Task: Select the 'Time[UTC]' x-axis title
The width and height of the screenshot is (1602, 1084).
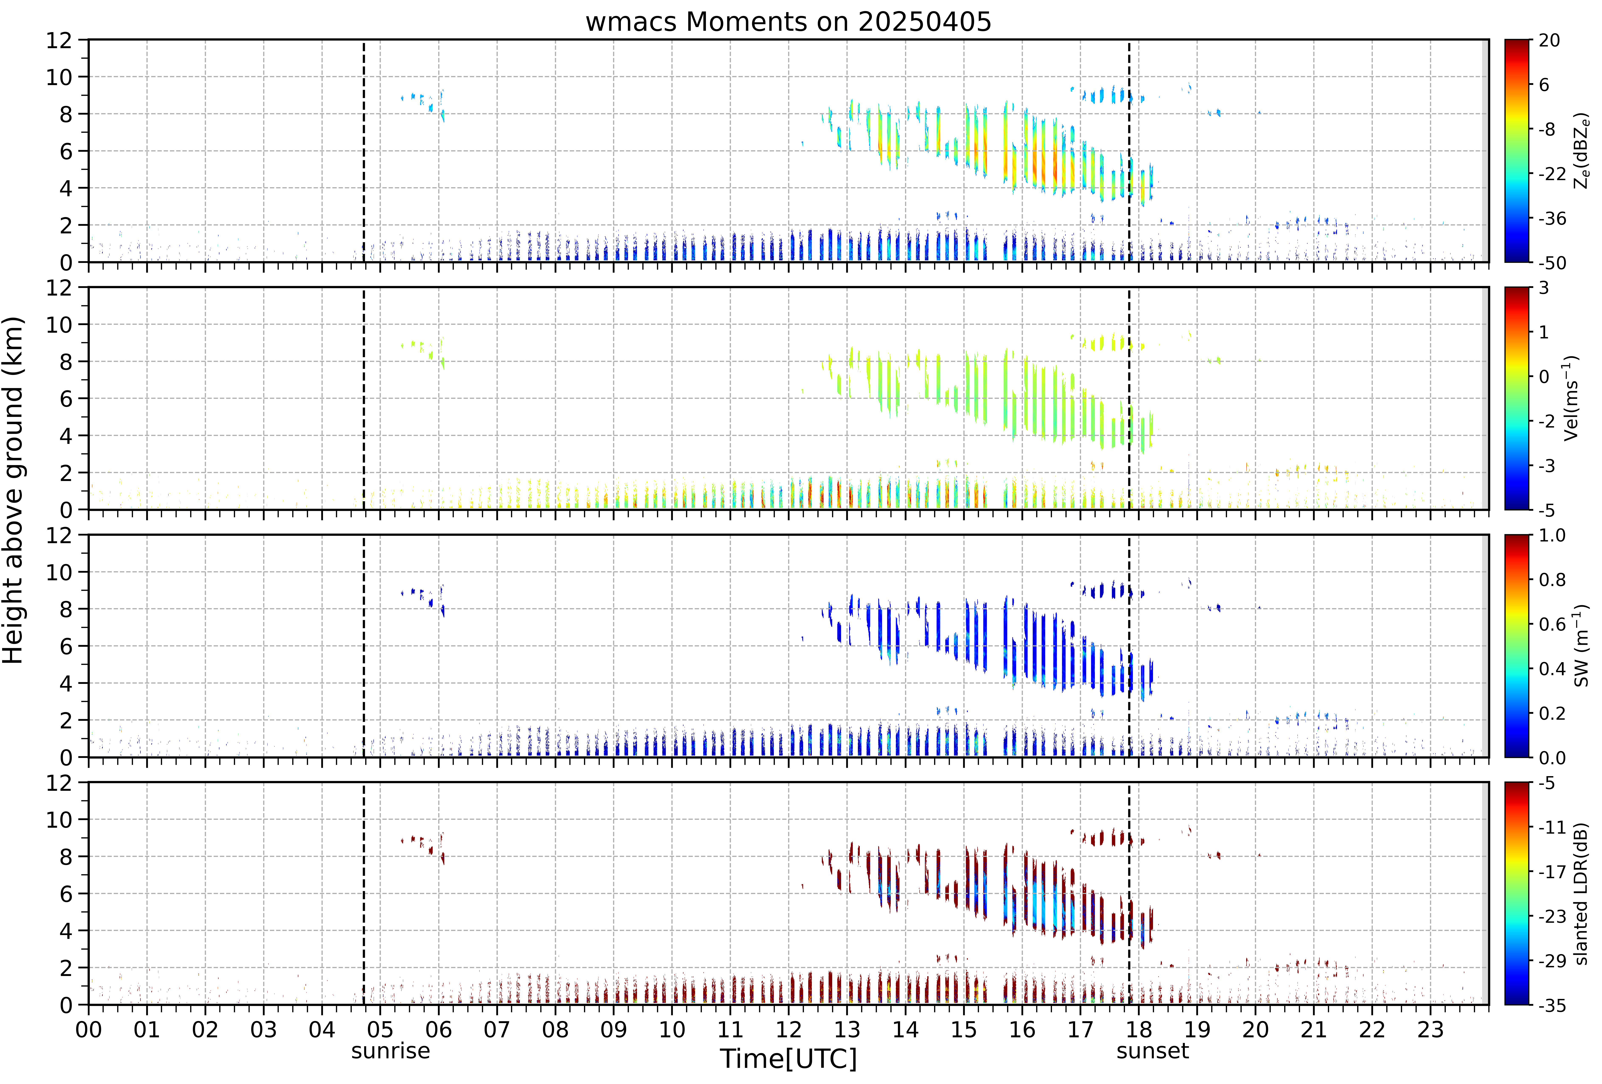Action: point(789,1059)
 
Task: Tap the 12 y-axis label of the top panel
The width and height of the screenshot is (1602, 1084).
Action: point(59,41)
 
